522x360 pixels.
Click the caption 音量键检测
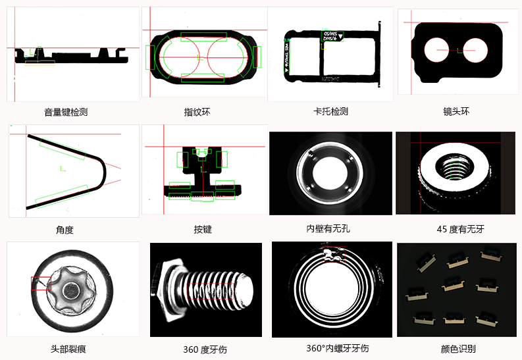pyautogui.click(x=66, y=112)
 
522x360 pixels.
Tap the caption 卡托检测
pyautogui.click(x=330, y=111)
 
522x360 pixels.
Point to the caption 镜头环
pyautogui.click(x=457, y=111)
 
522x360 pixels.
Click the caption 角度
pyautogui.click(x=65, y=230)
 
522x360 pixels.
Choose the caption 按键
pyautogui.click(x=203, y=230)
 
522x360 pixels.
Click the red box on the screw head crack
pyautogui.click(x=41, y=284)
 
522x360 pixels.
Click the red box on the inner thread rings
pyautogui.click(x=333, y=255)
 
